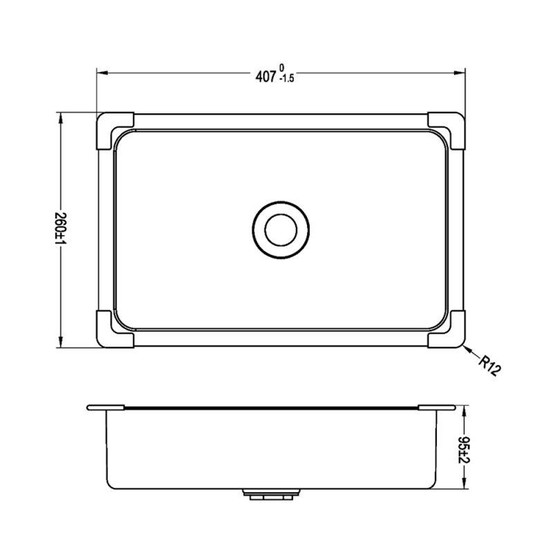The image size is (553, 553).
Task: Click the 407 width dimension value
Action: coord(265,76)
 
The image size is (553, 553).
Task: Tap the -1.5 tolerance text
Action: coord(286,79)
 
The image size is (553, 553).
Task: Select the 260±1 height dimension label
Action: coord(61,229)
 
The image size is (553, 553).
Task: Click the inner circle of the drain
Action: coord(281,229)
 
